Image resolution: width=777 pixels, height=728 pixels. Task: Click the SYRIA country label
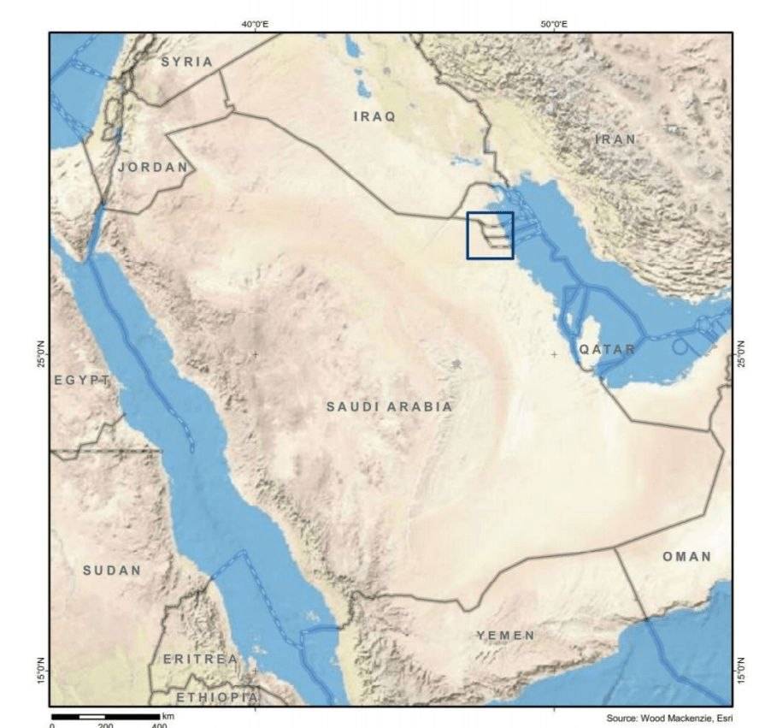click(186, 62)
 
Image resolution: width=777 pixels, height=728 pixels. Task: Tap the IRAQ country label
click(374, 117)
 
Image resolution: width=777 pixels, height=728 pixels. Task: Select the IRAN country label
click(615, 139)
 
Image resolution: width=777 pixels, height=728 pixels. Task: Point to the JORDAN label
click(152, 167)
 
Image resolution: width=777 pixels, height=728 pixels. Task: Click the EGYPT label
click(82, 380)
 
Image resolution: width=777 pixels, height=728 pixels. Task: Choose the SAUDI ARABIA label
click(389, 407)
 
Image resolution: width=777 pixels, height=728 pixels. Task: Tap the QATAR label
click(607, 349)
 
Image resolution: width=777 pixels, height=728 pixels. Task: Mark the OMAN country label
click(686, 557)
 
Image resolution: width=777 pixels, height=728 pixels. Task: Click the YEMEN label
click(505, 636)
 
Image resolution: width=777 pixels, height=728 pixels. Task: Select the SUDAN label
click(112, 570)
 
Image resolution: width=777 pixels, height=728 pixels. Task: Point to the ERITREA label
click(200, 659)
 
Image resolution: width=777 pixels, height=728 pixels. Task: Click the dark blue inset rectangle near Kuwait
click(490, 235)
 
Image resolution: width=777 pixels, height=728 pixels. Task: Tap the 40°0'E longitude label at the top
click(255, 24)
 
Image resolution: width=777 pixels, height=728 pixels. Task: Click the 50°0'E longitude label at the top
click(554, 24)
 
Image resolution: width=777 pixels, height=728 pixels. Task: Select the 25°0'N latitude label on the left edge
click(41, 354)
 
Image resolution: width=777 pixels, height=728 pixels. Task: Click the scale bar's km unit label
click(168, 715)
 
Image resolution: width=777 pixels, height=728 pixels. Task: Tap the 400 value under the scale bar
click(159, 725)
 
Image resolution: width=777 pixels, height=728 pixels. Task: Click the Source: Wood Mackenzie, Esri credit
click(669, 718)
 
